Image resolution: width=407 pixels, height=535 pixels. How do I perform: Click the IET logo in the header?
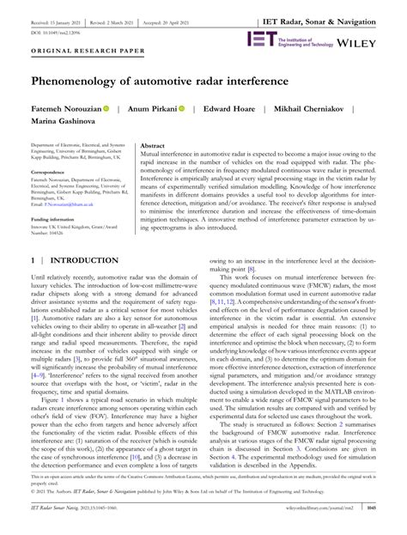pos(260,39)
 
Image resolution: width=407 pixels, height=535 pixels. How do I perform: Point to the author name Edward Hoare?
pos(238,111)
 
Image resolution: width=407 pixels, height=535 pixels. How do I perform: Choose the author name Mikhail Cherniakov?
pos(327,111)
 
